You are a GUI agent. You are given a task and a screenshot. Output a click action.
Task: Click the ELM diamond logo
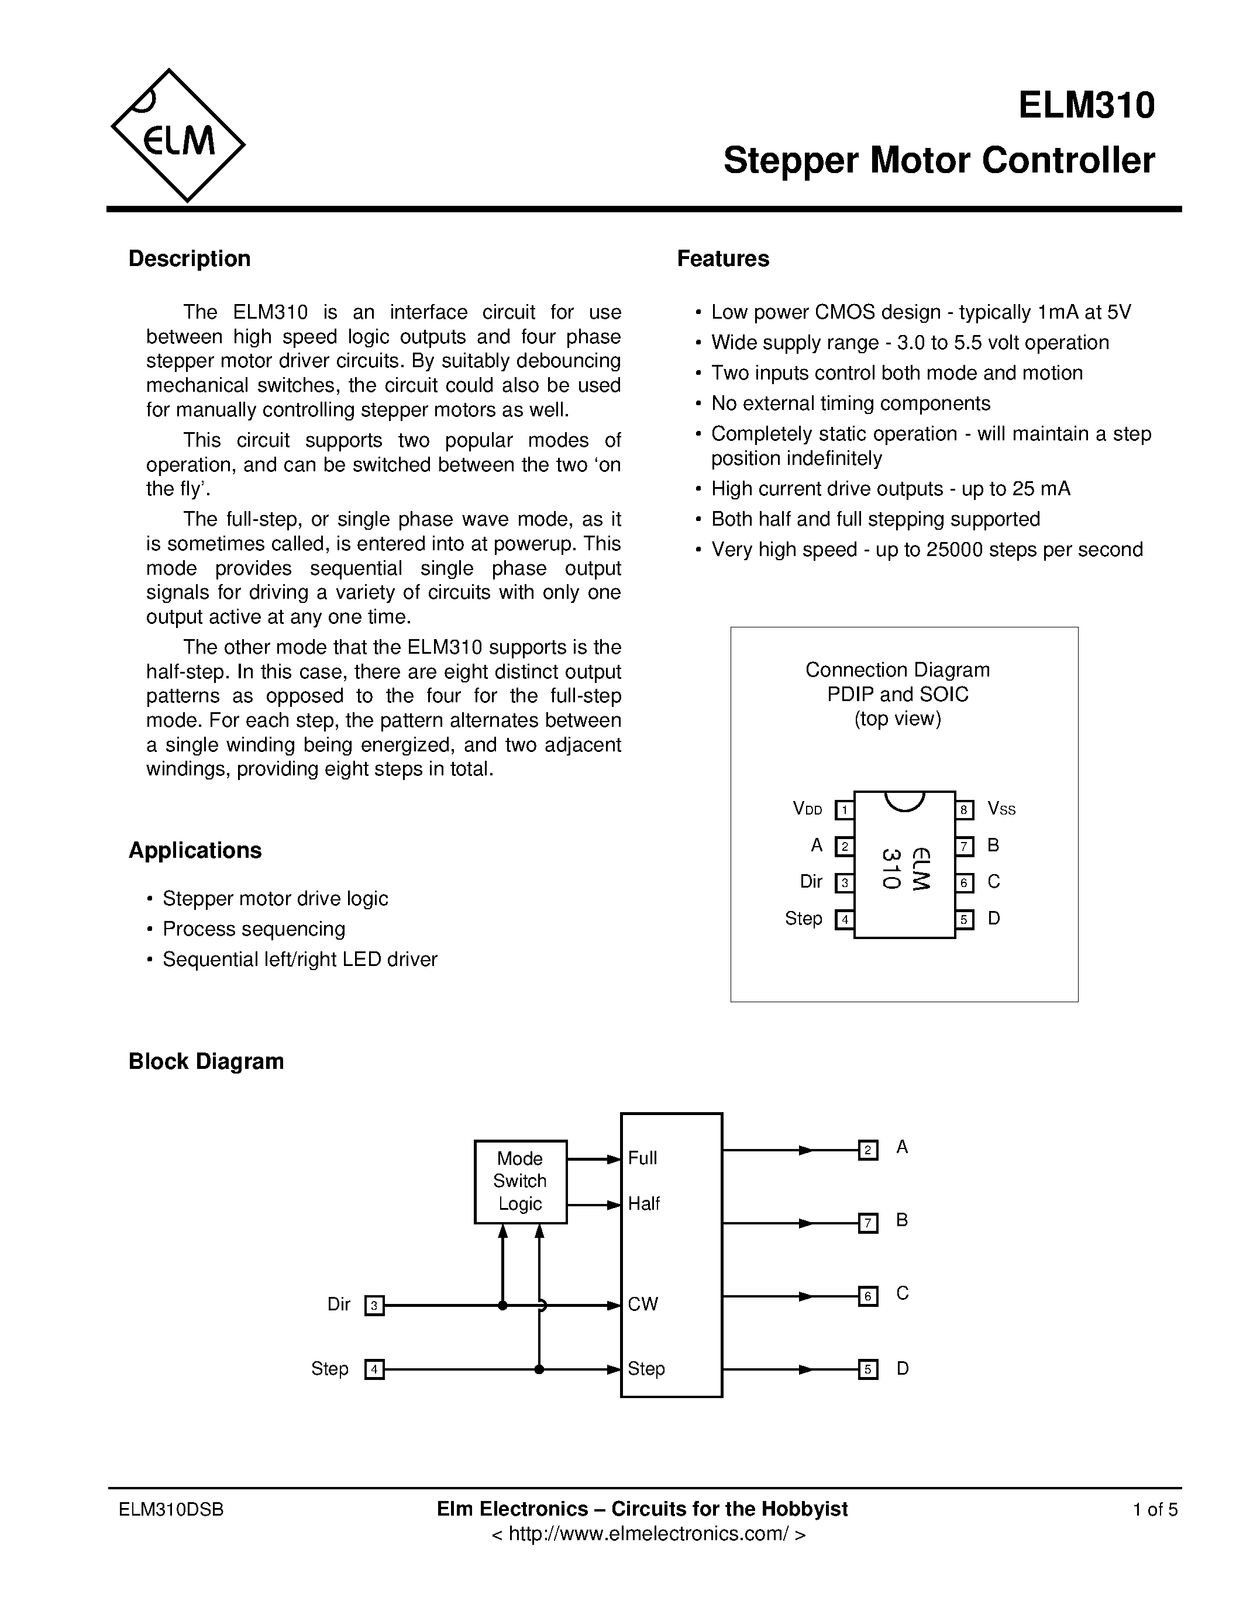[x=177, y=136]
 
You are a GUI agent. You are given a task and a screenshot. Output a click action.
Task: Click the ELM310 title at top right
[x=1086, y=105]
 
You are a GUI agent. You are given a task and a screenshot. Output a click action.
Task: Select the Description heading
[x=190, y=258]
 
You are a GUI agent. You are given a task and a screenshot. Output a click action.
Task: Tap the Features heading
[x=722, y=258]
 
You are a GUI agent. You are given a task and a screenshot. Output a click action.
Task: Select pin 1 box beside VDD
[x=844, y=810]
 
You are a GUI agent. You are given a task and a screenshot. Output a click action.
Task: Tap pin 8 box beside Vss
[x=964, y=810]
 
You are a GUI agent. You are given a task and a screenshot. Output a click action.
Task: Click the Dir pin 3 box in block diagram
[x=374, y=1305]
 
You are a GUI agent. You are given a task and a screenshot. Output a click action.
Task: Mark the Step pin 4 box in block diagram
[x=374, y=1369]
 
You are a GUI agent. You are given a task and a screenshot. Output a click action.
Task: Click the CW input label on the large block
[x=643, y=1304]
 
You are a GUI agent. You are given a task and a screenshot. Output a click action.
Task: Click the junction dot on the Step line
[x=539, y=1369]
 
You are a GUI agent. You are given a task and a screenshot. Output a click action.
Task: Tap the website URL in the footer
[x=648, y=1533]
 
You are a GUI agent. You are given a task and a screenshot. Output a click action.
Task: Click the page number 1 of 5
[x=1155, y=1509]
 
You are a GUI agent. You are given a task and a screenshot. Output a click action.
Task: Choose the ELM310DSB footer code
[x=171, y=1509]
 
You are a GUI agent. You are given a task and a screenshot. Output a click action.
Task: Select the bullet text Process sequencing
[x=253, y=929]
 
